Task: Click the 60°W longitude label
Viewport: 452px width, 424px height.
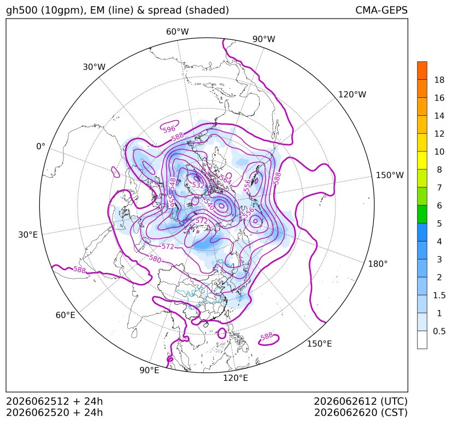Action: pyautogui.click(x=177, y=32)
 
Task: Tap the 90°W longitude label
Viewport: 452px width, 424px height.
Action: pyautogui.click(x=264, y=39)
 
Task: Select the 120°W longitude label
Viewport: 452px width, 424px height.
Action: pyautogui.click(x=352, y=95)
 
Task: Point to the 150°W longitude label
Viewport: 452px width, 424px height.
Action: pyautogui.click(x=390, y=175)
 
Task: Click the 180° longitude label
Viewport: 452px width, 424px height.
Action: pyautogui.click(x=378, y=264)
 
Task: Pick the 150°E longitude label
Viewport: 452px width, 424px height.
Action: pyautogui.click(x=319, y=344)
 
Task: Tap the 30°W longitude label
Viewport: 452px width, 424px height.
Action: pyautogui.click(x=94, y=67)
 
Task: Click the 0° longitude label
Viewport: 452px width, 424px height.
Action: pyautogui.click(x=40, y=146)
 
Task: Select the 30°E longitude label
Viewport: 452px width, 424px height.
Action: pyautogui.click(x=28, y=234)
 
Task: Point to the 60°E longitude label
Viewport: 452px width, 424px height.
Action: pyautogui.click(x=66, y=315)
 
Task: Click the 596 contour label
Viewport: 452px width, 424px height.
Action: pyautogui.click(x=169, y=129)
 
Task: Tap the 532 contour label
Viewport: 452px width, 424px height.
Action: pyautogui.click(x=198, y=185)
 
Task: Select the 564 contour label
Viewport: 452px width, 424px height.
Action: pyautogui.click(x=225, y=179)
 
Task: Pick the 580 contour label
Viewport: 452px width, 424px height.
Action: pyautogui.click(x=155, y=258)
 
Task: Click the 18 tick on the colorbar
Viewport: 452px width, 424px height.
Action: pyautogui.click(x=439, y=80)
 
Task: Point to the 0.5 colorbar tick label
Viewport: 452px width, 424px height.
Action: pyautogui.click(x=439, y=331)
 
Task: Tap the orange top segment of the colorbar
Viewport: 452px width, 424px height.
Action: pyautogui.click(x=422, y=70)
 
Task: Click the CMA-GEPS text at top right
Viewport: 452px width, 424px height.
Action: pyautogui.click(x=381, y=10)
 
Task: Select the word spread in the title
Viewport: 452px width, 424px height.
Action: pyautogui.click(x=164, y=10)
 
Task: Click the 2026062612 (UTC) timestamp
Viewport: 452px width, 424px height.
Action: pyautogui.click(x=361, y=401)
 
